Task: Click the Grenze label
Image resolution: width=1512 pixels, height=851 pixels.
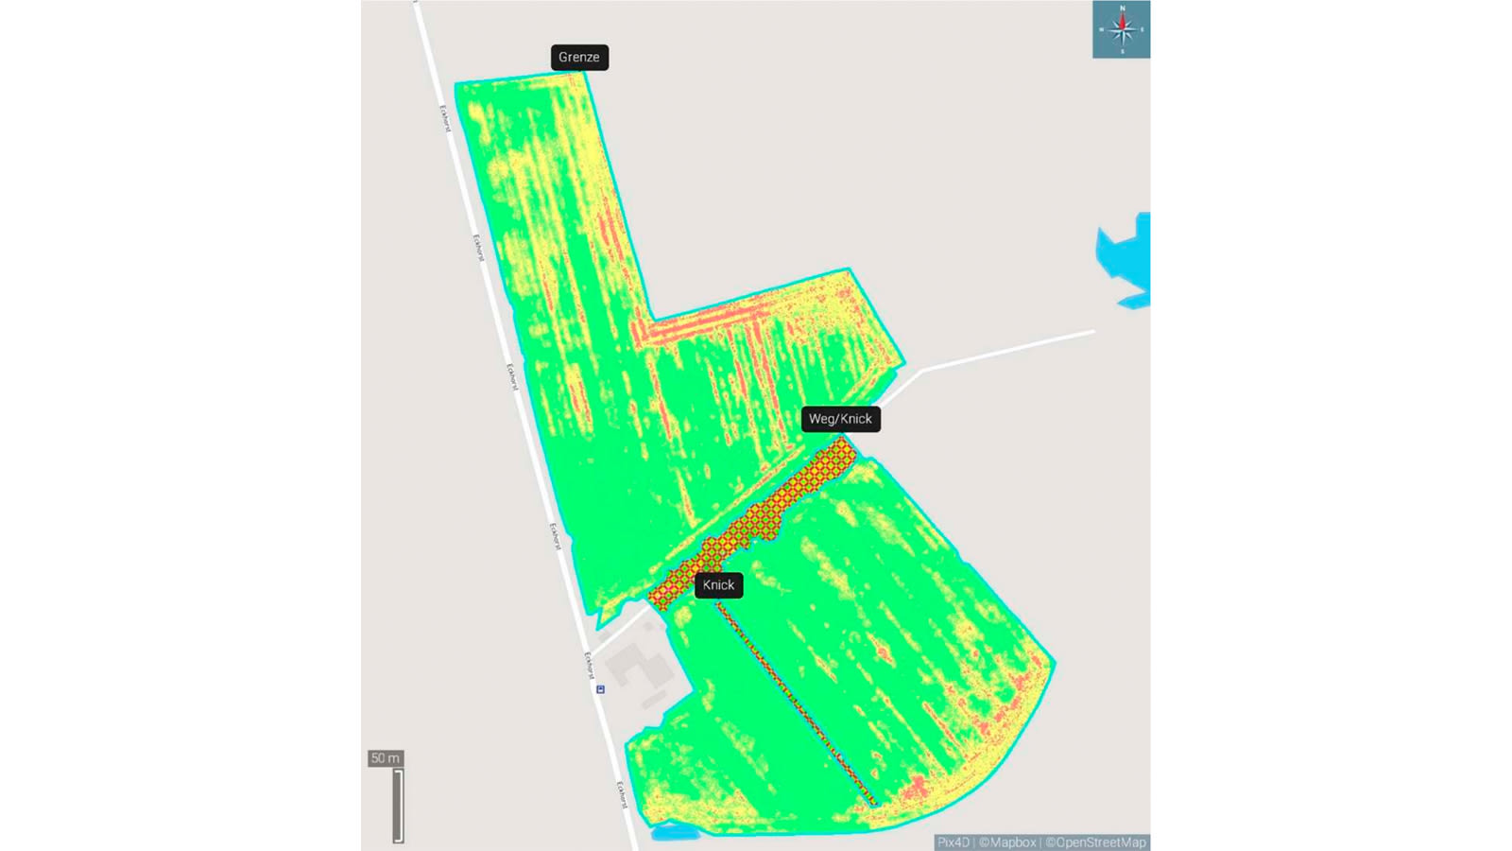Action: coord(579,58)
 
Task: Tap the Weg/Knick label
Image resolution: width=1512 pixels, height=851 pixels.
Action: coord(840,419)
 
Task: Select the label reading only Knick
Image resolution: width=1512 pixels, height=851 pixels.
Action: coord(718,585)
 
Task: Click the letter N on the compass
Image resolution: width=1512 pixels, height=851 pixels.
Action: coord(1123,8)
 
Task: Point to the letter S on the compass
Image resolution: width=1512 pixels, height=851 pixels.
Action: coord(1123,52)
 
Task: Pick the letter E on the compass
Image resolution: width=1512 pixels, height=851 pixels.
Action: coord(1143,29)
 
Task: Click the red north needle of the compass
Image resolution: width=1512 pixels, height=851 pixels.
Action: coord(1123,20)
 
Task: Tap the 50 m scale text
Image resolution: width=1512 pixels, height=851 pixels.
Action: coord(386,758)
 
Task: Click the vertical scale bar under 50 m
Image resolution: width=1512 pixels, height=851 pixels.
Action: coord(398,806)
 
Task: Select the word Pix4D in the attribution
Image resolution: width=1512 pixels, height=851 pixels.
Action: coord(953,842)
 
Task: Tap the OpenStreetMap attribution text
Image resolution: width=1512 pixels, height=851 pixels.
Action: coord(1095,842)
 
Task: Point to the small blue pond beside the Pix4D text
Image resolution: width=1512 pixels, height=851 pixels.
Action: coord(672,833)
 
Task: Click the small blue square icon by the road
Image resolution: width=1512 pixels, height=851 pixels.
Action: coord(600,689)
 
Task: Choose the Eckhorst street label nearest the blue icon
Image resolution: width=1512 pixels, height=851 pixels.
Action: coord(589,664)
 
